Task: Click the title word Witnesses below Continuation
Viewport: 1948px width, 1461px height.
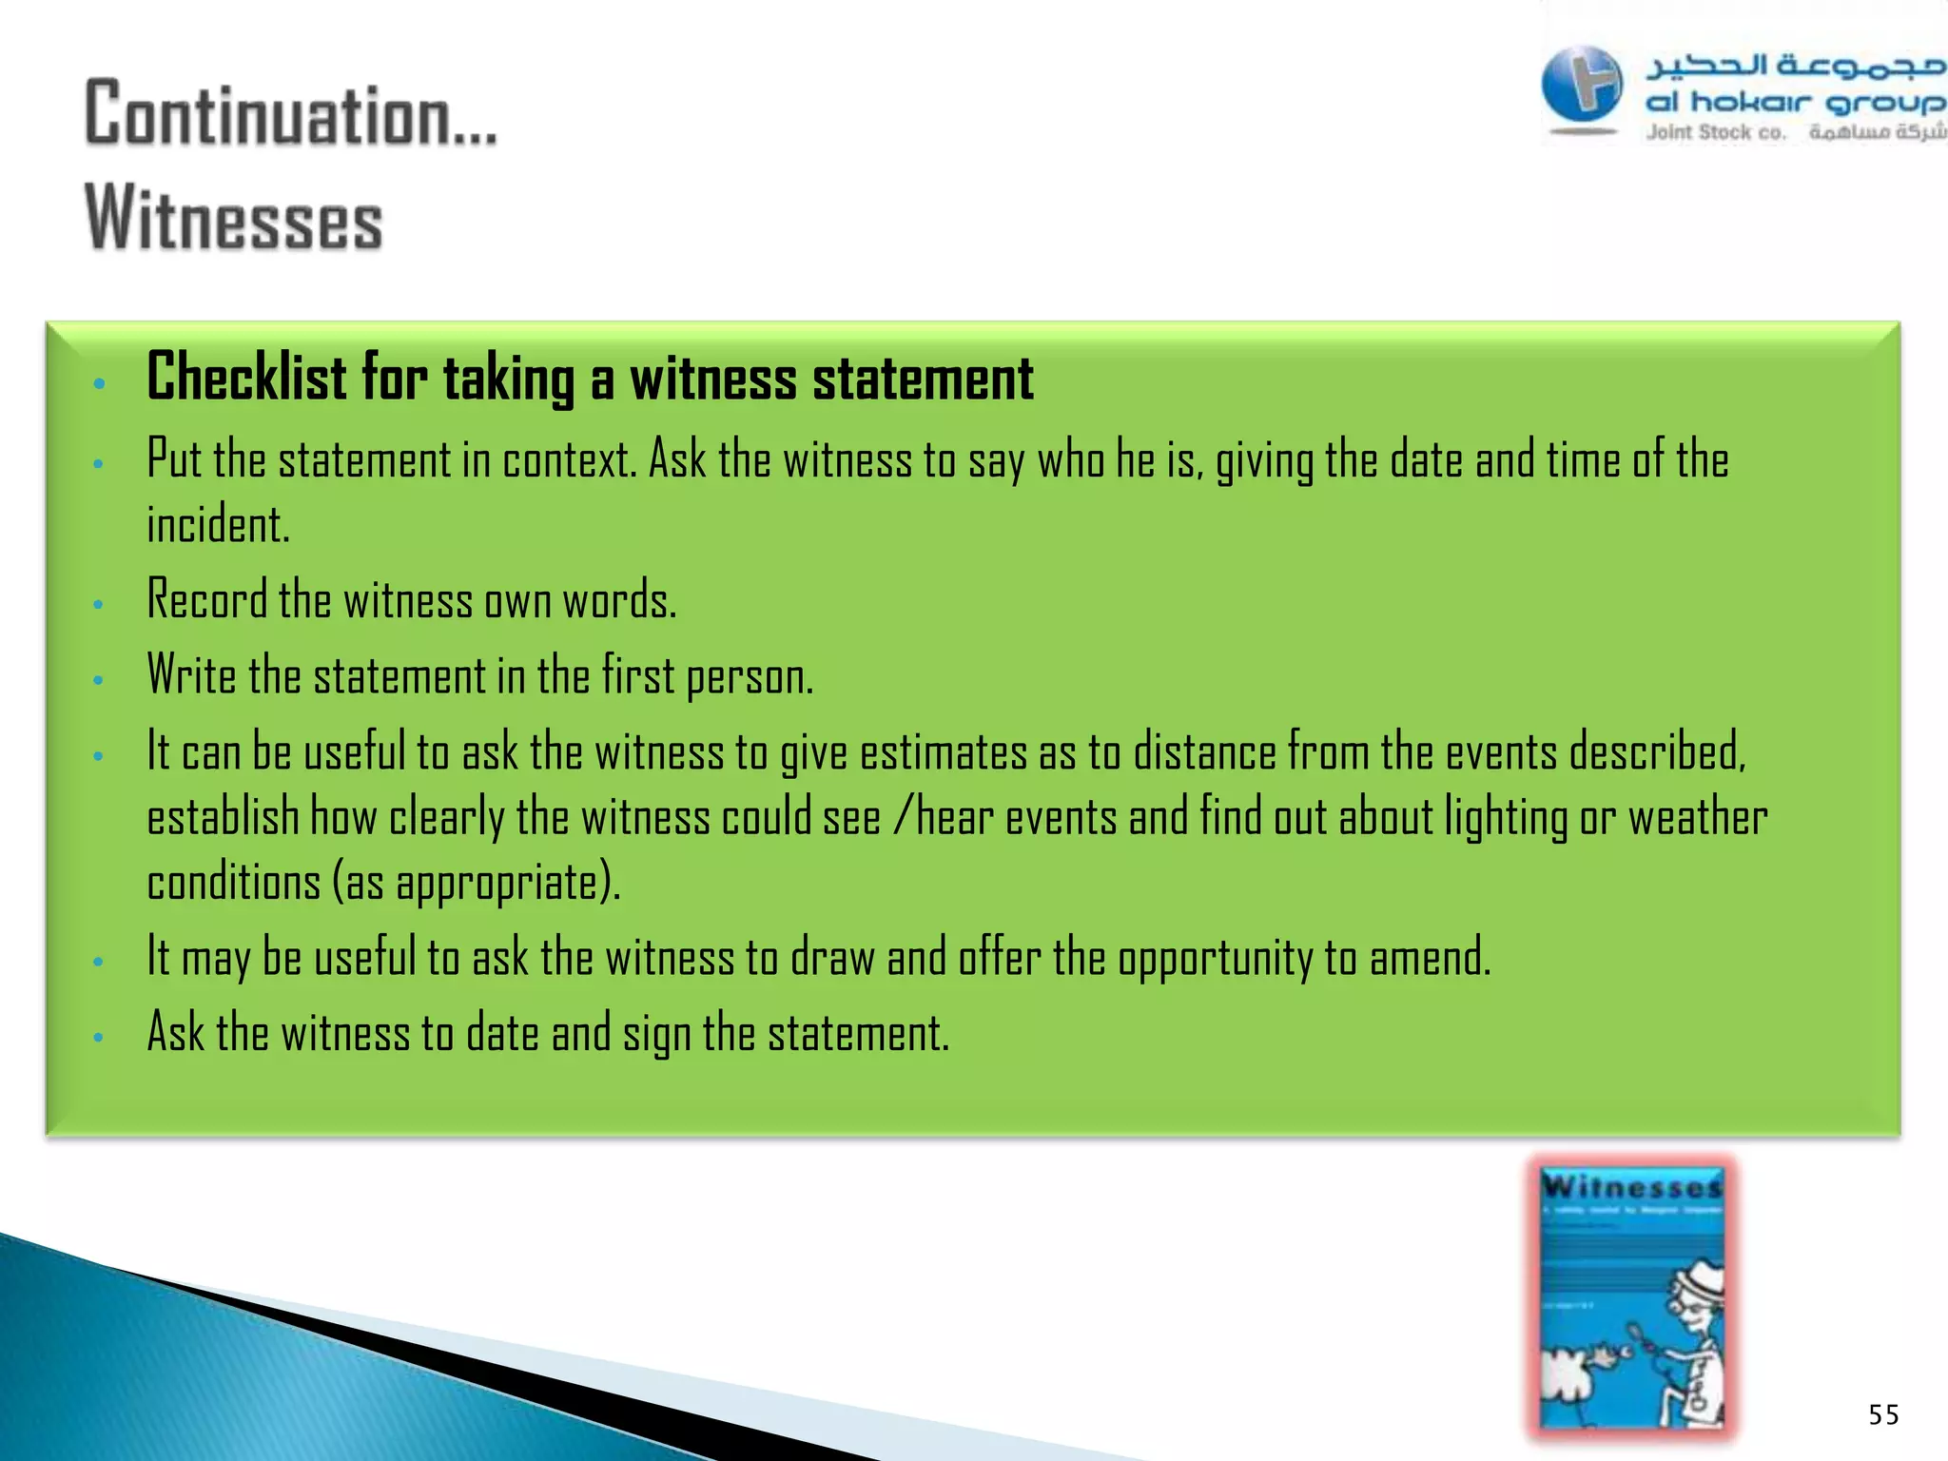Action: tap(234, 219)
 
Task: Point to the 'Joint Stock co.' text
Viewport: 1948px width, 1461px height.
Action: tap(1716, 133)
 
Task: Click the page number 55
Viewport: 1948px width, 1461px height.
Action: tap(1883, 1414)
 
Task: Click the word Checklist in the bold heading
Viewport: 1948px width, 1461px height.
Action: tap(246, 378)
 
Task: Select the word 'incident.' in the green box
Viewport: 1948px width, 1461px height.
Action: tap(218, 525)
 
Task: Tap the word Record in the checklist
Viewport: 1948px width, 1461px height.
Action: tap(207, 600)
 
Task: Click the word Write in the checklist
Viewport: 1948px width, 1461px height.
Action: tap(191, 675)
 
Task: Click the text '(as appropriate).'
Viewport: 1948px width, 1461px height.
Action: tap(476, 883)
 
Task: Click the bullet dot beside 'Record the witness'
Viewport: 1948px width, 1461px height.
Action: tap(98, 604)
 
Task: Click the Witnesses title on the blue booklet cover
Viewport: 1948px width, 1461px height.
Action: tap(1632, 1187)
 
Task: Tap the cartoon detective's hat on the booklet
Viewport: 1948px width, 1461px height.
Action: tap(1699, 1279)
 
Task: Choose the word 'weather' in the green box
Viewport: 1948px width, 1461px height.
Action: tap(1698, 818)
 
